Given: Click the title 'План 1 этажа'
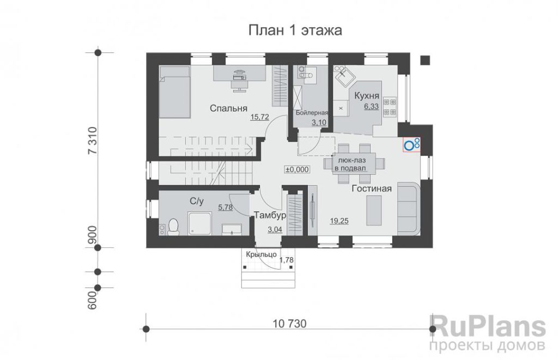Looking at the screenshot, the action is click(x=295, y=30).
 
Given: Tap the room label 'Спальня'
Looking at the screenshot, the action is click(x=228, y=108).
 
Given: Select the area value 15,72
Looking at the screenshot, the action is click(x=259, y=117).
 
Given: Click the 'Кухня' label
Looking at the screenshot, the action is click(x=367, y=96).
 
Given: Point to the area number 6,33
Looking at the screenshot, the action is click(x=371, y=106).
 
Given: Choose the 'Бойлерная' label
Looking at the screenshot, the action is click(x=312, y=113).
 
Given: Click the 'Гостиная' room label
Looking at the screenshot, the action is click(x=372, y=188).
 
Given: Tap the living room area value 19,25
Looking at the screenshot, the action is click(x=339, y=221).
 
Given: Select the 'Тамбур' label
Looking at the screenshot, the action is click(x=270, y=215).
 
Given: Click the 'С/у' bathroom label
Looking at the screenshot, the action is click(x=197, y=202).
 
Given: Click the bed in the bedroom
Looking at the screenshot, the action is click(x=174, y=92).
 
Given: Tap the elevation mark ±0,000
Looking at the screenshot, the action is click(x=297, y=170).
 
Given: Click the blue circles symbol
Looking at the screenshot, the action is click(x=412, y=144).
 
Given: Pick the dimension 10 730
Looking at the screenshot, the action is click(x=290, y=324).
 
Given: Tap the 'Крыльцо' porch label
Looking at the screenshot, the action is click(x=262, y=254).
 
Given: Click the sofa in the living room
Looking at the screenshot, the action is click(x=409, y=209).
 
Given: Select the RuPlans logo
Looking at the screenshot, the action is click(x=488, y=333).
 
